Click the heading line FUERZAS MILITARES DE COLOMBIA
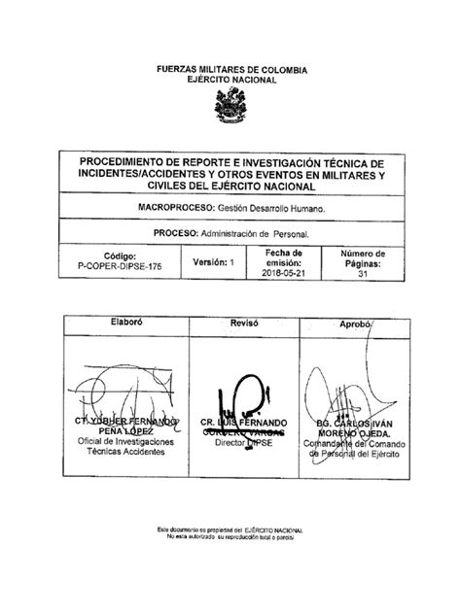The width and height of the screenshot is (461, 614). (x=230, y=71)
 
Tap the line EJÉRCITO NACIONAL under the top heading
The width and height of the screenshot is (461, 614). (x=230, y=81)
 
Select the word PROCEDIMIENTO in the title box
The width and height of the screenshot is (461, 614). (x=134, y=161)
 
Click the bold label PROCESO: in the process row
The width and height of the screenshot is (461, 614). (x=173, y=234)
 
